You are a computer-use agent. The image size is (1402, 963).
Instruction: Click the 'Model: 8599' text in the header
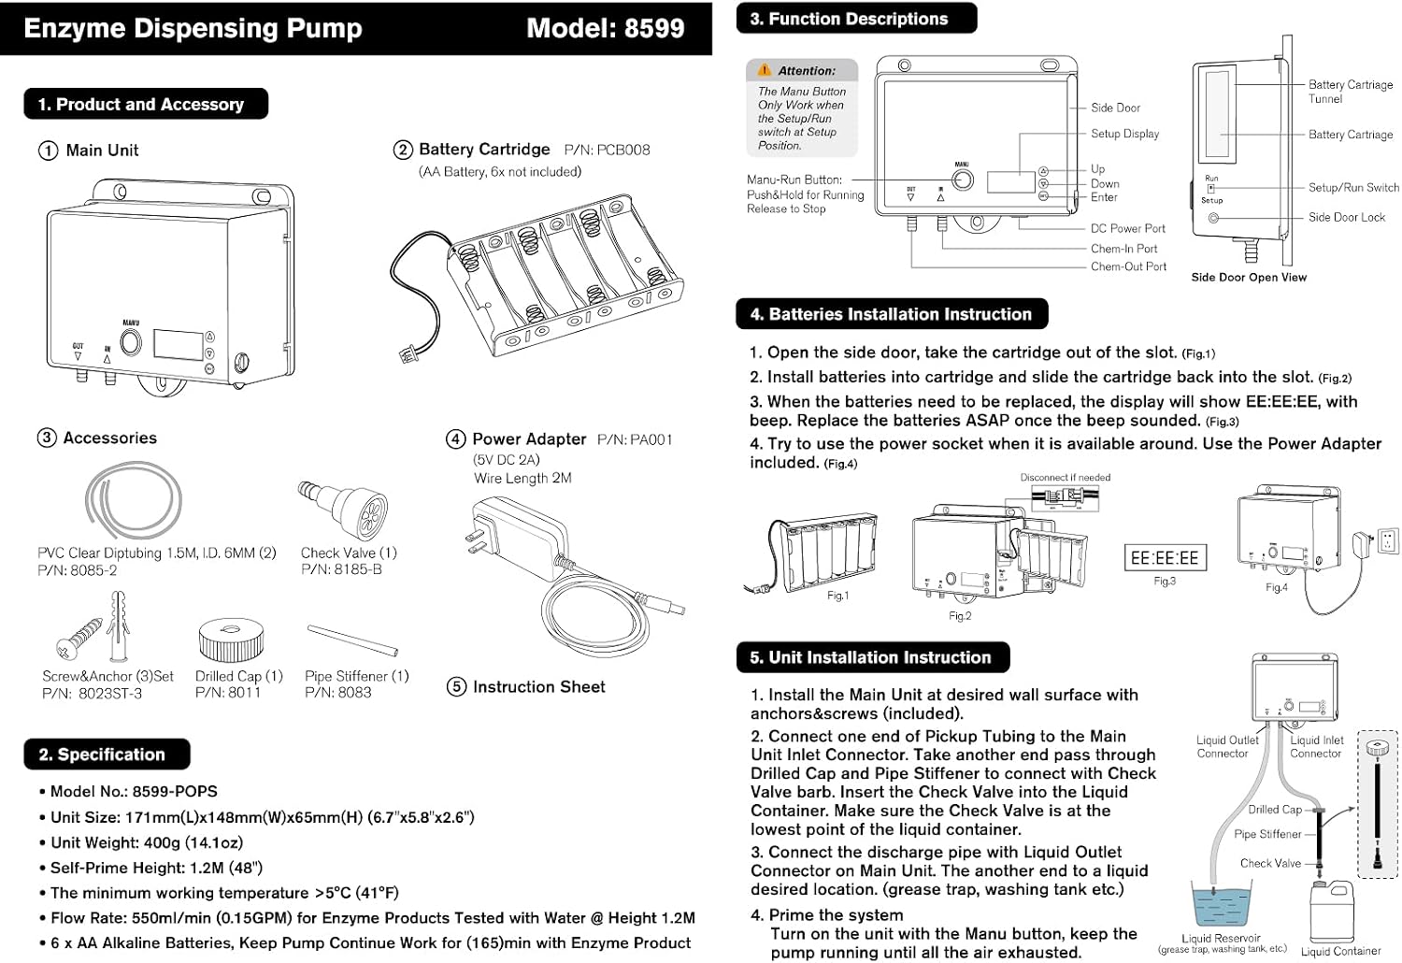coord(606,28)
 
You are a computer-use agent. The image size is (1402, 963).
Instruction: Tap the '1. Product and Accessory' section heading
coord(141,104)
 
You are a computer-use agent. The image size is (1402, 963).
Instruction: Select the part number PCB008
coord(622,150)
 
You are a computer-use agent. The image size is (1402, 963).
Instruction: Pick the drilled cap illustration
coord(231,640)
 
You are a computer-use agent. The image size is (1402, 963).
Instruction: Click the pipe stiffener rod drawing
coord(352,640)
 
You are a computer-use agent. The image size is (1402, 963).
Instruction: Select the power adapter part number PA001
coord(651,439)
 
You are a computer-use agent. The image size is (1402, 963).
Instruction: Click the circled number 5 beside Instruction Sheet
coord(456,687)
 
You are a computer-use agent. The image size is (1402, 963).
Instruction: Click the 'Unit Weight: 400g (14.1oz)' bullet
coord(147,842)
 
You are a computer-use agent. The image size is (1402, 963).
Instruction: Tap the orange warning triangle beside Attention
coord(765,69)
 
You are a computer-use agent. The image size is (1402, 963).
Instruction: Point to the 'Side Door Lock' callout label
coord(1346,217)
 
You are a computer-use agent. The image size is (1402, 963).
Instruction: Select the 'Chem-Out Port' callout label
coord(1128,266)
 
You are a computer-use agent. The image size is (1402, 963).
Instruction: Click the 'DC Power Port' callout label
coord(1128,228)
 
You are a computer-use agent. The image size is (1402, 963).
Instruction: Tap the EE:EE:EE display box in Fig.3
coord(1165,557)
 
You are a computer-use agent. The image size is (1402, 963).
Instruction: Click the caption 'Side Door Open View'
coord(1249,278)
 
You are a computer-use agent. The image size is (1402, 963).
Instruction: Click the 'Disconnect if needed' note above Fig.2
coord(1066,477)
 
